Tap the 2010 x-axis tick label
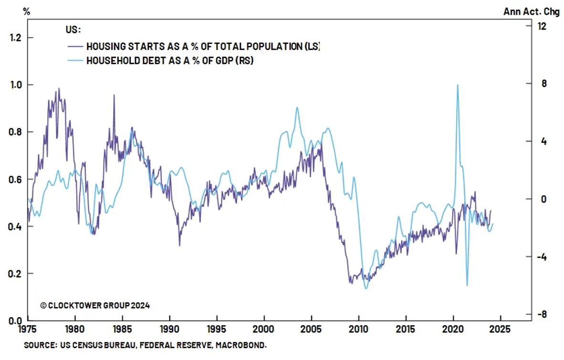pyautogui.click(x=358, y=329)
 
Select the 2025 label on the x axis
pyautogui.click(x=500, y=329)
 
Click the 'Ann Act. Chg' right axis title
pyautogui.click(x=531, y=12)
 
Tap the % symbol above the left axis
pyautogui.click(x=26, y=12)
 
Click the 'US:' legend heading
pyautogui.click(x=73, y=30)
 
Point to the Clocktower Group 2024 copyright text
pyautogui.click(x=95, y=305)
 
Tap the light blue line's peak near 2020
pyautogui.click(x=458, y=85)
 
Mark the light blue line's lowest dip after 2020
pyautogui.click(x=467, y=286)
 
